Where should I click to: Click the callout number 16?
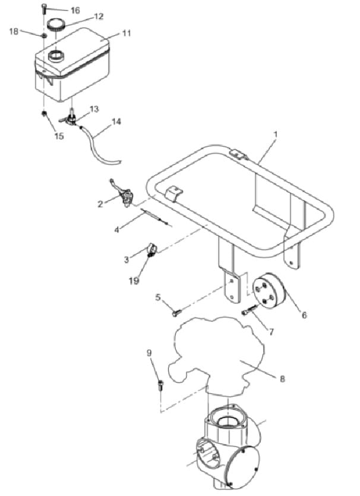click(75, 11)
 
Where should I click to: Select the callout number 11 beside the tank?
click(126, 33)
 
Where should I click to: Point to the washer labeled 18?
click(45, 35)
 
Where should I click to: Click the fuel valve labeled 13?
click(70, 119)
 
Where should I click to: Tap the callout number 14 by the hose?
click(116, 122)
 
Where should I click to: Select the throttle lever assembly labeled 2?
click(124, 195)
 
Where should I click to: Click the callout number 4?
click(116, 230)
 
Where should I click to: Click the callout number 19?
click(134, 281)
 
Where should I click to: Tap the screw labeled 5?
click(176, 313)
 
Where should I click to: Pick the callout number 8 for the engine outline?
click(283, 378)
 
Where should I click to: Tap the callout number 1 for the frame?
click(276, 134)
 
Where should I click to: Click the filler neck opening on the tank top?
click(56, 57)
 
